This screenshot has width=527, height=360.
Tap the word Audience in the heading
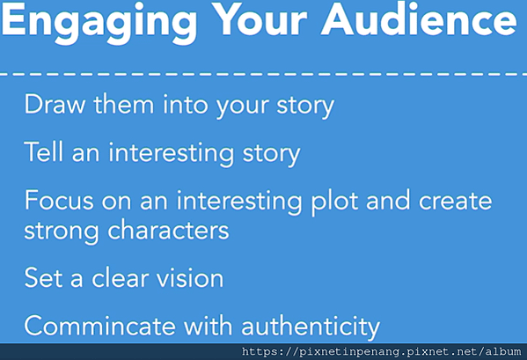[419, 19]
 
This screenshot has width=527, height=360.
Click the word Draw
[55, 105]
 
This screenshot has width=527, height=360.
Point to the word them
[124, 104]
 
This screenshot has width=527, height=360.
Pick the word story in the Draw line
[305, 107]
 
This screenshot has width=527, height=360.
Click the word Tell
[44, 152]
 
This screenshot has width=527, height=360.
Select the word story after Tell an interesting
[271, 155]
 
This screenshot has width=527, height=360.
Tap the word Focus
[59, 201]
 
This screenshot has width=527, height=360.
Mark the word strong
[62, 232]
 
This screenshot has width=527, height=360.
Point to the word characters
[168, 230]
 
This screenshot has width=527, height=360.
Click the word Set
[43, 277]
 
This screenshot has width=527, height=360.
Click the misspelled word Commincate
[99, 326]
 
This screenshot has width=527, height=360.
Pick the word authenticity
[311, 327]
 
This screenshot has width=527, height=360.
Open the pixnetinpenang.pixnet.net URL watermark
[382, 352]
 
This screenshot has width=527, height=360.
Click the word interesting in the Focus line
[238, 202]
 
